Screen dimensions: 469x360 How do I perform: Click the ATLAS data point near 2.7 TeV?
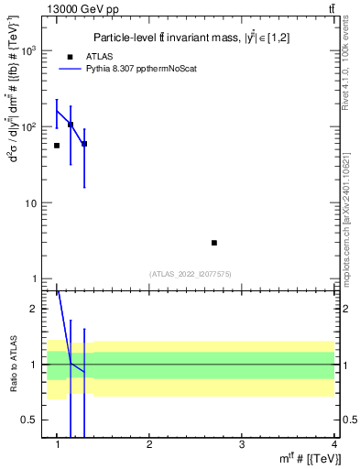point(214,243)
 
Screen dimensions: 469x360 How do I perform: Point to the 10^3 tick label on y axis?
point(30,50)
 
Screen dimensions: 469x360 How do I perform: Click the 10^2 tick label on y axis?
point(30,126)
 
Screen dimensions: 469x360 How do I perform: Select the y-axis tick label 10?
point(32,202)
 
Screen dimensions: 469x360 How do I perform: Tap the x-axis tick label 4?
point(333,444)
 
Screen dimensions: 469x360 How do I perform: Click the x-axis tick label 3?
point(241,444)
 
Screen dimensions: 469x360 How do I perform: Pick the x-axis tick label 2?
point(149,444)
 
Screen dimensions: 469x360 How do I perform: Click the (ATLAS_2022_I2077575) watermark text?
point(191,273)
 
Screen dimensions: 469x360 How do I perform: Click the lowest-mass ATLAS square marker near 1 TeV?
point(57,146)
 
